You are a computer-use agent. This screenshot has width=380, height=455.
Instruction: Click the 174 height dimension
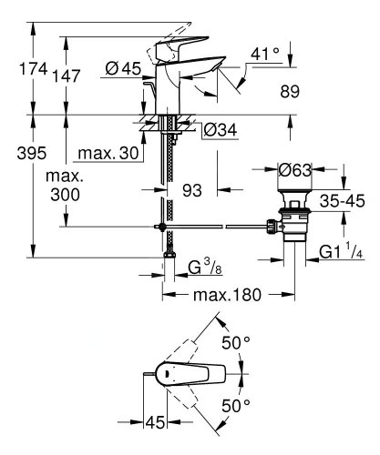pyautogui.click(x=18, y=66)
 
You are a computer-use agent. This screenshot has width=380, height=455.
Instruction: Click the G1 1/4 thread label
pyautogui.click(x=346, y=253)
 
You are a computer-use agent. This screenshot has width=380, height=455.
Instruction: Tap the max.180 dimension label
pyautogui.click(x=226, y=295)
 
